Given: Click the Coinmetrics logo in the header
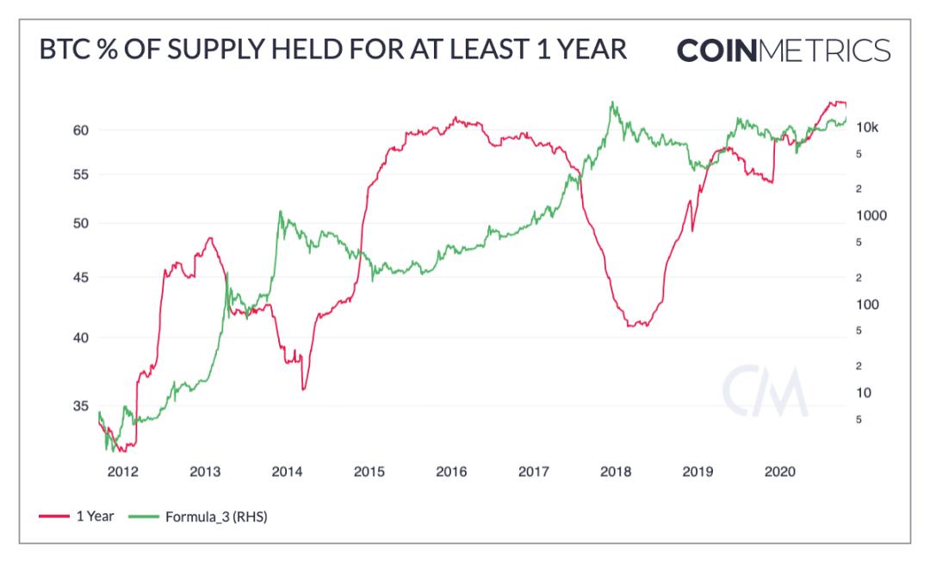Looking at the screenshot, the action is pos(784,51).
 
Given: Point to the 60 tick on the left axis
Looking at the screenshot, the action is pos(81,130).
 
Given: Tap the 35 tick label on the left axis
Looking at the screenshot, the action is pos(81,406).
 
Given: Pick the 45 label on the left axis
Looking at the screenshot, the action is pos(81,277).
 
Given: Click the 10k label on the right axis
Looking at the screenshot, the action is pos(867,127).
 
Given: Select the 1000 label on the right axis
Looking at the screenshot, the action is pos(871,216).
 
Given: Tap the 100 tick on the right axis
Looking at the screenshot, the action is pos(867,305).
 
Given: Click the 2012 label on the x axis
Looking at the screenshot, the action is pos(123,472).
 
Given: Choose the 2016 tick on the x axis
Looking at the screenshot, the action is pos(451,472).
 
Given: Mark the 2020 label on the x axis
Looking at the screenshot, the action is pos(780,472).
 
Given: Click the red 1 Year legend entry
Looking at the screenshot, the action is pos(77,516).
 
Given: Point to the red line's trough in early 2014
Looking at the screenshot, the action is pos(303,389).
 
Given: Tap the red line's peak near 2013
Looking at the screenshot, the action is pos(209,238).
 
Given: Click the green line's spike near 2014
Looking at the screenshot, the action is pos(280,211).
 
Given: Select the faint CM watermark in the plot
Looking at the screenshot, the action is pos(766,392).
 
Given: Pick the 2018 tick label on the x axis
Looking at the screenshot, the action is pos(616,472).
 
